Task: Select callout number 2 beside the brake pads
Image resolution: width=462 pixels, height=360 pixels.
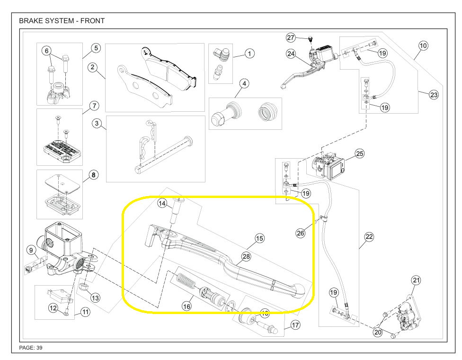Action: click(93, 67)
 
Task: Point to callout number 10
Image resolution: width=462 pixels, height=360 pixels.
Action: click(423, 45)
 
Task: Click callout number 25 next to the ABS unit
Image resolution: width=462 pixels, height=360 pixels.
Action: click(360, 153)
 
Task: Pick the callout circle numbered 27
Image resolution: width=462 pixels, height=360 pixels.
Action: click(290, 37)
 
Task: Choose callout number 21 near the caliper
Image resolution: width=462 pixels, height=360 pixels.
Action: click(416, 280)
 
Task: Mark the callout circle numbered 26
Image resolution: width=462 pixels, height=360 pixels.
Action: click(301, 233)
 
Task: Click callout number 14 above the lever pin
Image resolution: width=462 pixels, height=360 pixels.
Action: click(162, 204)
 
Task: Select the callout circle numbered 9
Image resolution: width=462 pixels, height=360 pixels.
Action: click(31, 250)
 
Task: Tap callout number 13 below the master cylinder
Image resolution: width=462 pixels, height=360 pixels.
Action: click(95, 298)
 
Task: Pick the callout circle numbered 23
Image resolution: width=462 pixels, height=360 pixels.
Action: click(434, 95)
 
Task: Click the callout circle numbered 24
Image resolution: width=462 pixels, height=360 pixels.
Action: click(291, 54)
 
